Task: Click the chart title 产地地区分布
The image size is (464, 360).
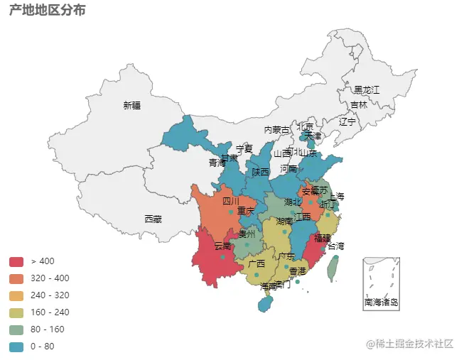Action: pyautogui.click(x=48, y=11)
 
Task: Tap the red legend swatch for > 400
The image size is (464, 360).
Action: pyautogui.click(x=16, y=261)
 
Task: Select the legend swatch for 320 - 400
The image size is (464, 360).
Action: pyautogui.click(x=16, y=278)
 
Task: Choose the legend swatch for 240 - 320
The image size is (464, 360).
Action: pyautogui.click(x=16, y=295)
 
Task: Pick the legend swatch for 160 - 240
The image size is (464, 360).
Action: pyautogui.click(x=16, y=312)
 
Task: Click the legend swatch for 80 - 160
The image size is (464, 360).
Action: pyautogui.click(x=16, y=329)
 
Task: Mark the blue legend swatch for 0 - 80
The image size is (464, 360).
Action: pyautogui.click(x=16, y=347)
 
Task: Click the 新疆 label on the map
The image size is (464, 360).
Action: pyautogui.click(x=131, y=106)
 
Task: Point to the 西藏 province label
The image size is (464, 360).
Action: pyautogui.click(x=153, y=219)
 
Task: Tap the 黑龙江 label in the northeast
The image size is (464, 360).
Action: pyautogui.click(x=367, y=89)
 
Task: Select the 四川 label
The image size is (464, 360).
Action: pyautogui.click(x=231, y=201)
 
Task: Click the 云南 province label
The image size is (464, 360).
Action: pyautogui.click(x=223, y=246)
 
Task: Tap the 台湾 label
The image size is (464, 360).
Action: pyautogui.click(x=335, y=246)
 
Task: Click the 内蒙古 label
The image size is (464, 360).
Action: pyautogui.click(x=277, y=130)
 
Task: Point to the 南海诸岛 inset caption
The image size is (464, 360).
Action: pyautogui.click(x=381, y=302)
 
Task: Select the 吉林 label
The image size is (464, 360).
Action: pyautogui.click(x=358, y=105)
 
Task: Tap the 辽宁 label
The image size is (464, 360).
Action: pyautogui.click(x=347, y=121)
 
